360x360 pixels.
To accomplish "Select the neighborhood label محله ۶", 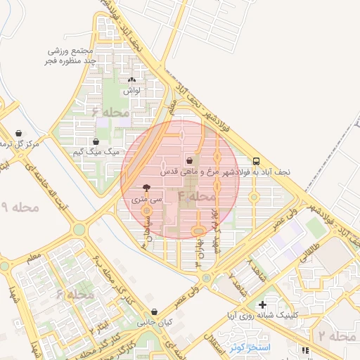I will point(110,112).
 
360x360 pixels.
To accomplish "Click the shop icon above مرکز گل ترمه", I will point(18,133).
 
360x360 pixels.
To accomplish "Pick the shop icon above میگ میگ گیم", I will point(96,141).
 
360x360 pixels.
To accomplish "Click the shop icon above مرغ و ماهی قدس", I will point(189,161).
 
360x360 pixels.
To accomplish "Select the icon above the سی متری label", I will point(146,188).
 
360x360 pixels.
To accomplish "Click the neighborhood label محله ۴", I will point(197,195).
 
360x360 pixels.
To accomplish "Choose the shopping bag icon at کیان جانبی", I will point(154,311).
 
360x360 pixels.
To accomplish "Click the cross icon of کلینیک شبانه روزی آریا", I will point(262,304).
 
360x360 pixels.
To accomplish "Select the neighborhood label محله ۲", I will point(337,337).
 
